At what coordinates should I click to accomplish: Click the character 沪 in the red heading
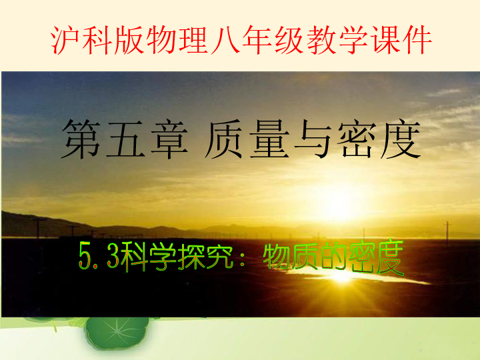65,40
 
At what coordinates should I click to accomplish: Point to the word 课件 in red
401,40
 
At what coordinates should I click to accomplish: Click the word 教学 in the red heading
337,40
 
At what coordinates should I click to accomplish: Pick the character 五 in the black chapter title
125,139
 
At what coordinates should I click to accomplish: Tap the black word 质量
247,139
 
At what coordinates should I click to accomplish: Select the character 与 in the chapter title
312,139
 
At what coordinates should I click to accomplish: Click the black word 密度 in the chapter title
379,139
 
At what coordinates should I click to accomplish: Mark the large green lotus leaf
116,333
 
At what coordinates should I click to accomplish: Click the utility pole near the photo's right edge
447,233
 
